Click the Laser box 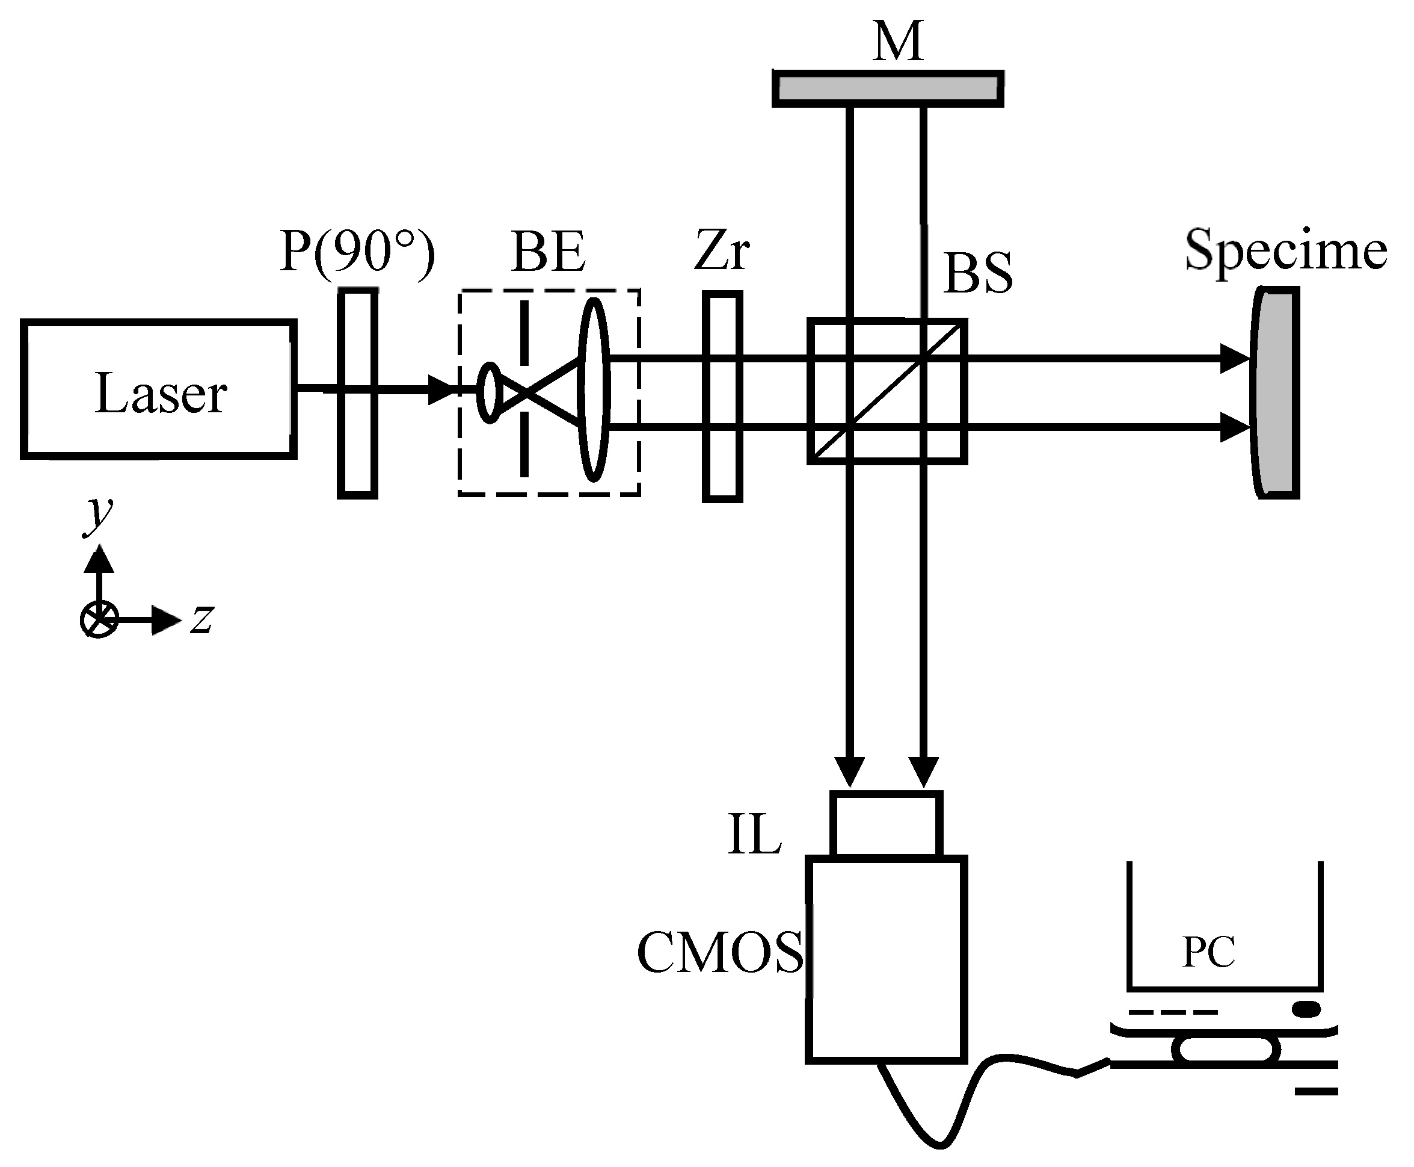159,389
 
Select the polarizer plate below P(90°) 357,393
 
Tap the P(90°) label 357,252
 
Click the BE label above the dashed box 548,252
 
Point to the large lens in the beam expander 594,390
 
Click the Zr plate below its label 722,397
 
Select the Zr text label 722,250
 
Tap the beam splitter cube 887,391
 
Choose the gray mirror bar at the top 887,88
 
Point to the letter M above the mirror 898,42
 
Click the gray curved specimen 1274,392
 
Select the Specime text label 1286,250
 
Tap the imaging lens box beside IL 886,823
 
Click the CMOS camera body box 887,960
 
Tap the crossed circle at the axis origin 99,619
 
